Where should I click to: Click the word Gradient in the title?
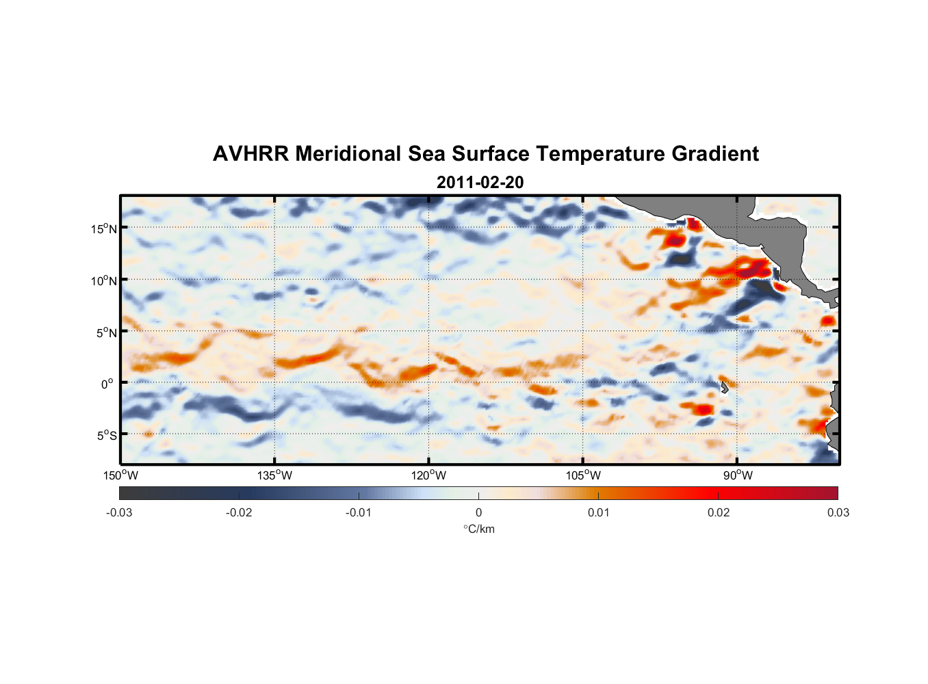point(714,154)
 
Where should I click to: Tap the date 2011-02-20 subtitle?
point(480,183)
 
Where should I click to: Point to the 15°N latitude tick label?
point(104,228)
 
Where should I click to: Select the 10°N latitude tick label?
point(104,280)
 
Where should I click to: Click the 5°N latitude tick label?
point(107,332)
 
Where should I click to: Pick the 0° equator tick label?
point(107,384)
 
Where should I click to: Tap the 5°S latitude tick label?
point(107,435)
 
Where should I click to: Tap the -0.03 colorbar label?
point(119,513)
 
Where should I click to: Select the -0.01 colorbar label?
point(359,513)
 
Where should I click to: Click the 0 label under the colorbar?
point(478,513)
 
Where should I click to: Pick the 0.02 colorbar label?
point(719,513)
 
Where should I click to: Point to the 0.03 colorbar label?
point(838,513)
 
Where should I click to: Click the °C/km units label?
point(479,529)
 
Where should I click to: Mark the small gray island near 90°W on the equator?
point(724,388)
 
